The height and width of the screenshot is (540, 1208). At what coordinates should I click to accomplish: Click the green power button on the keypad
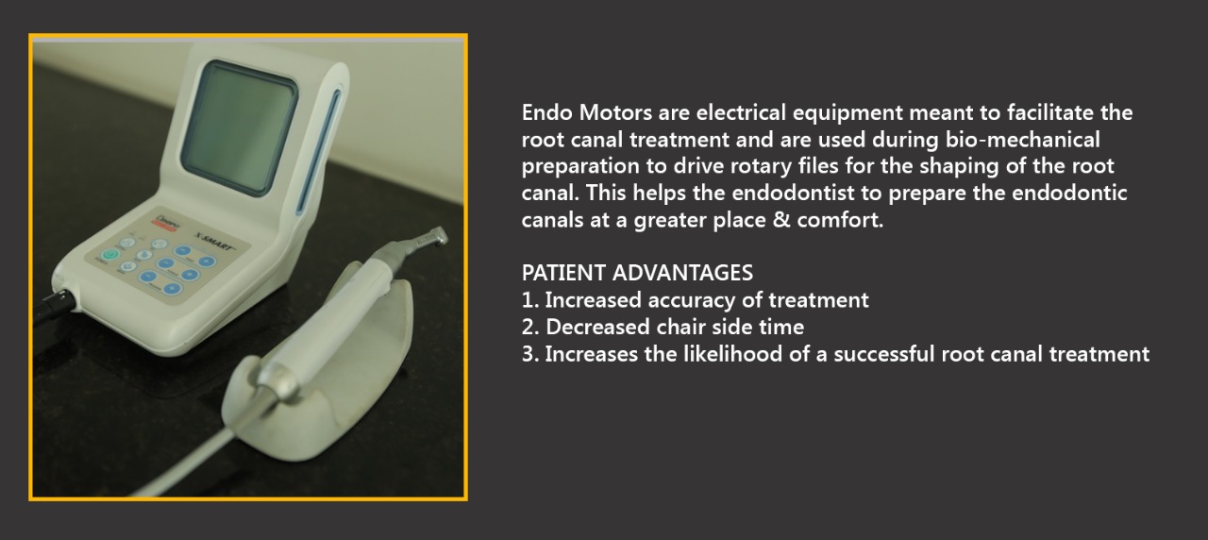pos(110,254)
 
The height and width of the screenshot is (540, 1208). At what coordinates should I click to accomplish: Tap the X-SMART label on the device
pos(215,241)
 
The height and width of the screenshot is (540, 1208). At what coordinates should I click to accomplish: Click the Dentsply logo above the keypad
pos(166,222)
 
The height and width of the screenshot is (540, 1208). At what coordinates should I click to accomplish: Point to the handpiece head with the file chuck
pos(433,237)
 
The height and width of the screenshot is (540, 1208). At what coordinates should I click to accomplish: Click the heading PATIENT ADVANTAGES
pos(637,273)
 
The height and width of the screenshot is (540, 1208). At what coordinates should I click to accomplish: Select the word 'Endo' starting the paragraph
pos(546,112)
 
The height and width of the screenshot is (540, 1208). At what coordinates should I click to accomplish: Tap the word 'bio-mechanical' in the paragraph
pos(1022,140)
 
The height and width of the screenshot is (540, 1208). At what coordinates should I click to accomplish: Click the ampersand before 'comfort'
pos(780,220)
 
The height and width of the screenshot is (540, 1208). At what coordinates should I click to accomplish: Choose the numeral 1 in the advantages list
pos(529,300)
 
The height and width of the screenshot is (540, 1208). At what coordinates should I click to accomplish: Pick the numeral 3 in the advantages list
pos(529,354)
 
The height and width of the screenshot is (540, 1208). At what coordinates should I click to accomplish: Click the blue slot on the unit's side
pos(319,152)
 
